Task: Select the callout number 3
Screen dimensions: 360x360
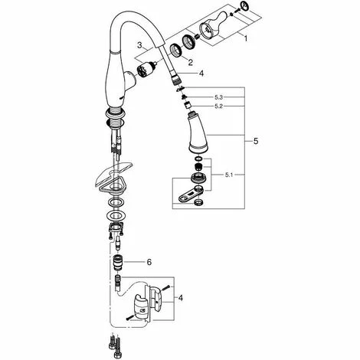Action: coord(140,47)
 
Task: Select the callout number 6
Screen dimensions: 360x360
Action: coord(149,262)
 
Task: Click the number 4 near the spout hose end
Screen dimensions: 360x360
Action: coord(201,74)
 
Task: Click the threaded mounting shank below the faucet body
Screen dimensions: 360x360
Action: coord(114,118)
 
